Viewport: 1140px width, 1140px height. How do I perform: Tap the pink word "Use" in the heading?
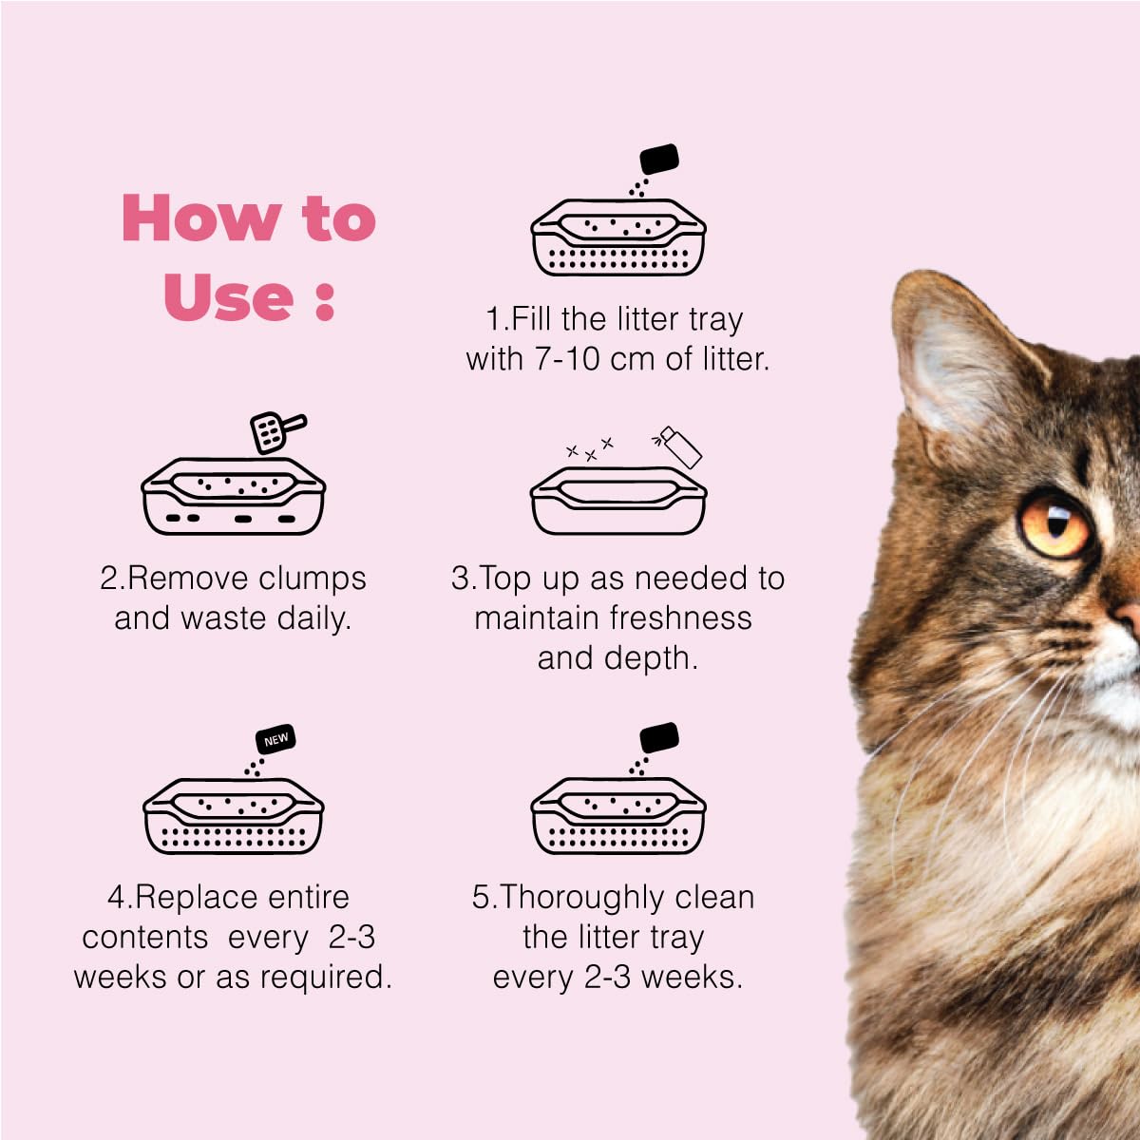click(x=228, y=296)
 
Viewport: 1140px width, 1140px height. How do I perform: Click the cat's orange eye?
click(x=1054, y=524)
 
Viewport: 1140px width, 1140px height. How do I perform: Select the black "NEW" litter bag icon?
click(x=275, y=739)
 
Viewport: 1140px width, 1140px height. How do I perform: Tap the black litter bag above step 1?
click(x=659, y=159)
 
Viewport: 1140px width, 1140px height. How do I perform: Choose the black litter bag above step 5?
click(x=659, y=738)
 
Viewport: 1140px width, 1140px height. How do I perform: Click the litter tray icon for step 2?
click(x=233, y=496)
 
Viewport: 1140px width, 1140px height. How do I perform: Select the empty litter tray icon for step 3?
click(x=618, y=501)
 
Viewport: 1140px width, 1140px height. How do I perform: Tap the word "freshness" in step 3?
click(x=681, y=617)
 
